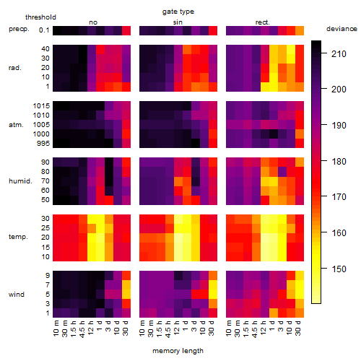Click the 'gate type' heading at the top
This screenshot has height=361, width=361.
[x=178, y=12]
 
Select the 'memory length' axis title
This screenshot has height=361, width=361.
[x=178, y=351]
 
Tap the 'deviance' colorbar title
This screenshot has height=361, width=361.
[x=342, y=29]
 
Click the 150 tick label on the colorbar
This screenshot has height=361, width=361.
[x=339, y=269]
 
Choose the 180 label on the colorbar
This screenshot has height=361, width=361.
[x=339, y=161]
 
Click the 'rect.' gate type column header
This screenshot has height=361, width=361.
[x=262, y=22]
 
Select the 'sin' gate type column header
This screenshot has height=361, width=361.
[x=178, y=22]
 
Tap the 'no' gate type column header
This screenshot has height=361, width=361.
[x=93, y=22]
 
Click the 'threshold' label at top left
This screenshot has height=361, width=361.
[x=40, y=17]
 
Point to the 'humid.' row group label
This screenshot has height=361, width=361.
[x=20, y=181]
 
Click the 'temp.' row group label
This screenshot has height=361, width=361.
[x=18, y=237]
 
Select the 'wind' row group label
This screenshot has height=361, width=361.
[x=17, y=294]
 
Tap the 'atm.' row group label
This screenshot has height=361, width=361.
[x=16, y=125]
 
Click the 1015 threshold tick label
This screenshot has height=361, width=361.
[x=41, y=106]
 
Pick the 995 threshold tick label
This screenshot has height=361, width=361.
[x=43, y=144]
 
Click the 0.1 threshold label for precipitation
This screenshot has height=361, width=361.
[x=44, y=30]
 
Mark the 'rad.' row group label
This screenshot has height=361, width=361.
[x=15, y=68]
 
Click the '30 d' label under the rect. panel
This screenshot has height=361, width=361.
[x=297, y=328]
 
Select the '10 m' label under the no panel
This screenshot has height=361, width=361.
[x=56, y=328]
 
